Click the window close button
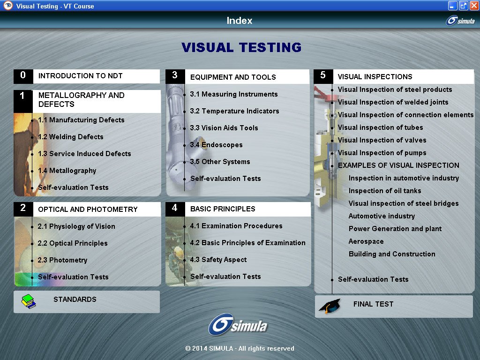pos(474,6)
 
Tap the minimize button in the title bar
pos(452,6)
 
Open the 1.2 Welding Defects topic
pos(71,137)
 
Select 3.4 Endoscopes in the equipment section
pos(216,145)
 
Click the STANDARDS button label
pos(75,300)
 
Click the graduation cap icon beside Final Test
pos(330,306)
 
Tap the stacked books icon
pos(29,301)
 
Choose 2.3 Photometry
pos(62,260)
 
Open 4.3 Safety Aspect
pos(218,260)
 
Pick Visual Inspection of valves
pos(382,140)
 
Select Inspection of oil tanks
pos(385,191)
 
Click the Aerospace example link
pos(366,241)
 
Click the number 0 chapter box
pos(23,76)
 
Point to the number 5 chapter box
pos(323,76)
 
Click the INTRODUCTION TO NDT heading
pos(81,76)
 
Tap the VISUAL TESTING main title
pos(241,47)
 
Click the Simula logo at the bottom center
pos(238,325)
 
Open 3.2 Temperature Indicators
pos(234,111)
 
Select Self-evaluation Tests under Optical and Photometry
pos(73,277)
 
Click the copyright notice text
pos(240,348)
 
